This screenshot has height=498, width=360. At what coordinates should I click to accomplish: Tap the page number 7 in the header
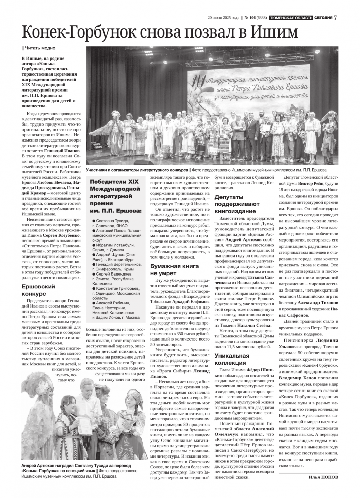(336, 18)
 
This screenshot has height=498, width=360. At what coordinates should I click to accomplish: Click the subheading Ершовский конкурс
(38, 290)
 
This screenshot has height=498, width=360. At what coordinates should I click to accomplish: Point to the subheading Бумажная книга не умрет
(175, 270)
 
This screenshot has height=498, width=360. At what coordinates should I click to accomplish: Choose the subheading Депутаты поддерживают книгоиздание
(237, 204)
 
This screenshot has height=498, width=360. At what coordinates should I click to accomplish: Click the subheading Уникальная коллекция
(232, 359)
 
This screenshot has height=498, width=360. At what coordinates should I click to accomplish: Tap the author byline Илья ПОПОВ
(323, 477)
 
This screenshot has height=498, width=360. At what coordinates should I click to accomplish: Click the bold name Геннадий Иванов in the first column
(62, 150)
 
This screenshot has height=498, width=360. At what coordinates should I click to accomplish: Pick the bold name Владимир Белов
(298, 378)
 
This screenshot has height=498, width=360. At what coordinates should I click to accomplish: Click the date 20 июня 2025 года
(224, 18)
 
